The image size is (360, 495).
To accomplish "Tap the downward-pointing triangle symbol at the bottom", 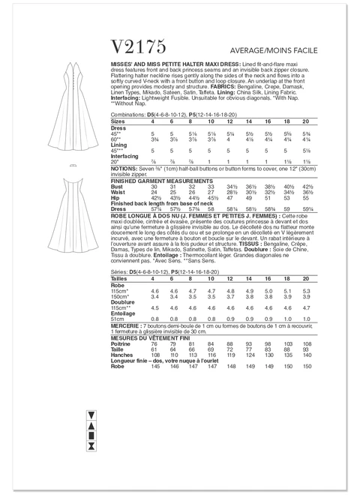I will [x=91, y=415].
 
